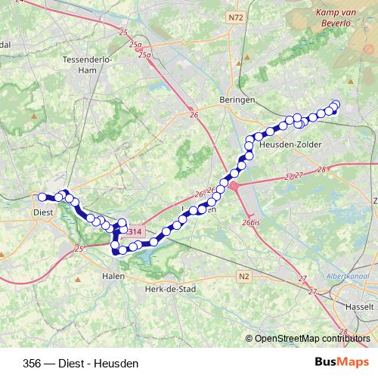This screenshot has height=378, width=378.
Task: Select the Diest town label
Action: click(x=42, y=212)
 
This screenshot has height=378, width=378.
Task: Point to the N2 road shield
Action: click(x=243, y=277)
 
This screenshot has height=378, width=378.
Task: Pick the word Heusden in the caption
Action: click(x=118, y=364)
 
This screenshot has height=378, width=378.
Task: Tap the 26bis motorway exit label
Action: click(x=252, y=222)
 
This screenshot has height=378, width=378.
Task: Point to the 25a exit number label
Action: click(x=136, y=45)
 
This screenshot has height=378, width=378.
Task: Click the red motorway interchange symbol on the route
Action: click(x=234, y=186)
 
